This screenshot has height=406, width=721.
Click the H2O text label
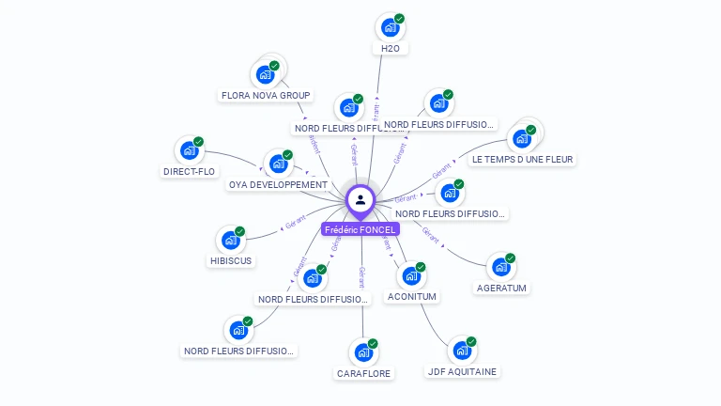(x=390, y=48)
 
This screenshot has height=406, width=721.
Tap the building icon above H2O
(x=390, y=28)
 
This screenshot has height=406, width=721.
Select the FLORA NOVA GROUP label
(x=265, y=95)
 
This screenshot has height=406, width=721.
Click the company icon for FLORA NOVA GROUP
(x=265, y=74)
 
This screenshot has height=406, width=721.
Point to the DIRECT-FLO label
(x=189, y=171)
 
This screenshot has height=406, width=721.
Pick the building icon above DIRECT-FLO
(x=190, y=150)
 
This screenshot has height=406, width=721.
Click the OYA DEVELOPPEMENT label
(x=278, y=184)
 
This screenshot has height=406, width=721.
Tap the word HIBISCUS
(x=230, y=260)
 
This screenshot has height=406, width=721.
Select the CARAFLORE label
(x=364, y=373)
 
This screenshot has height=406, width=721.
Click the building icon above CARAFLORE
(x=363, y=353)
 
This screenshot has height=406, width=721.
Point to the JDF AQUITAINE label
(x=462, y=371)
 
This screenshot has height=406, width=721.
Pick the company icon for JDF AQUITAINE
(x=462, y=351)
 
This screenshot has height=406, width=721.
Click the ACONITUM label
(x=412, y=296)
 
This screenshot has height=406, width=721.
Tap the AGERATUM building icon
(x=501, y=267)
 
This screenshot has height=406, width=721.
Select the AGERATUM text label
(x=501, y=288)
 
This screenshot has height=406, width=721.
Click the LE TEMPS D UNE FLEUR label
(x=522, y=159)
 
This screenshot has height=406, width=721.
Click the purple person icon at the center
(x=360, y=199)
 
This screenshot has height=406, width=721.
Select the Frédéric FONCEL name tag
(x=360, y=229)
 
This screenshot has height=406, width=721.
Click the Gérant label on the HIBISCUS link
(x=296, y=226)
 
